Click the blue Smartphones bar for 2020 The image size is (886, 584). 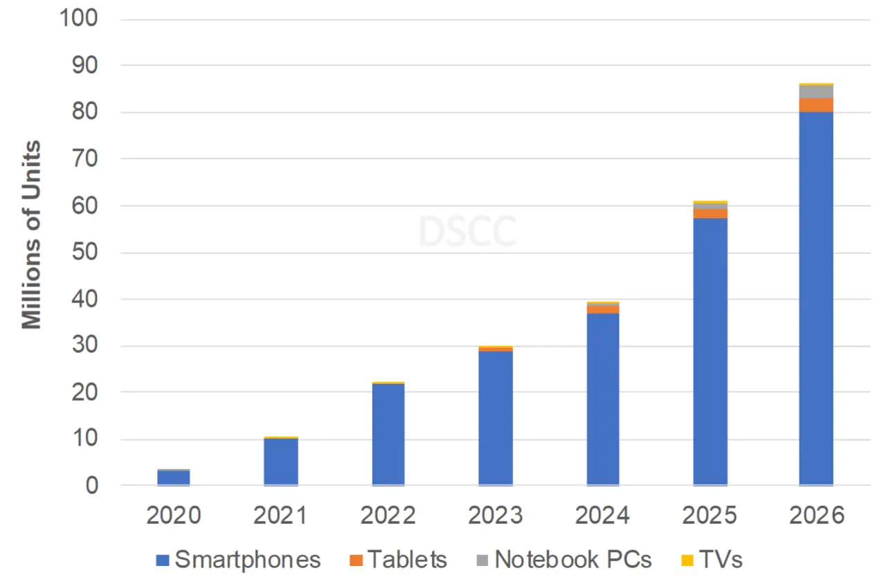tap(173, 477)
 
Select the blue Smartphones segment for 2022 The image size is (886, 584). tap(388, 435)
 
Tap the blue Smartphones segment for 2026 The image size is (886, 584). tap(816, 298)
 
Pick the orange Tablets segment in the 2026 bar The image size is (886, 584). tap(816, 105)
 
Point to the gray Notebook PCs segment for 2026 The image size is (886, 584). tap(816, 92)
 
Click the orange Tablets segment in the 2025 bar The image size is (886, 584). tap(710, 213)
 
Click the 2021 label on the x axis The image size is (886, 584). tap(281, 516)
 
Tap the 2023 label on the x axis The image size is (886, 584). tap(496, 516)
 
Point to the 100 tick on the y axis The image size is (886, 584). tap(80, 19)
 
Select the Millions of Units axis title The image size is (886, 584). tap(32, 235)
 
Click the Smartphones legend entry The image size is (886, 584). tap(238, 559)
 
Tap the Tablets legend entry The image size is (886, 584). tap(398, 559)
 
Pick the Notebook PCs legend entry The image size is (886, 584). tap(563, 559)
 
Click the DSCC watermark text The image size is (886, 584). tap(467, 232)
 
